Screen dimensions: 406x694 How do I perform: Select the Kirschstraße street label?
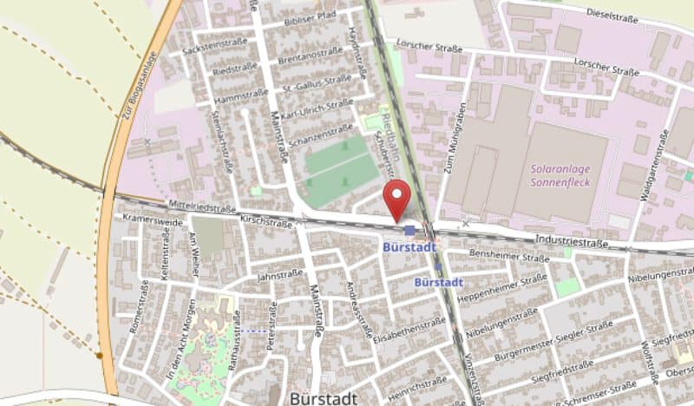[266, 223]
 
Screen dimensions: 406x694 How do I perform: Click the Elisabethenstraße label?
[409, 327]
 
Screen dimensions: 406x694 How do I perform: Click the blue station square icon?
[409, 231]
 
